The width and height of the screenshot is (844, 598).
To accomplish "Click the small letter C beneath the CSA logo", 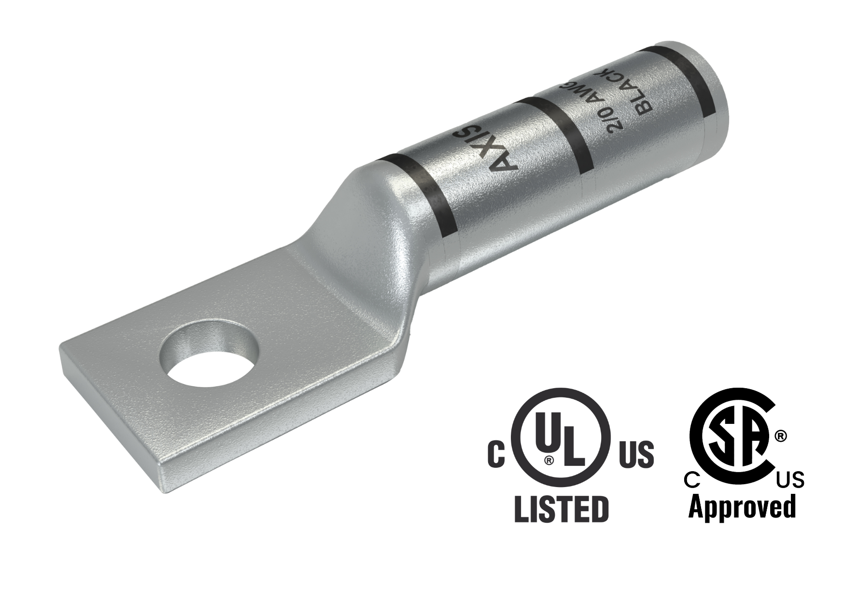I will [x=692, y=480].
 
